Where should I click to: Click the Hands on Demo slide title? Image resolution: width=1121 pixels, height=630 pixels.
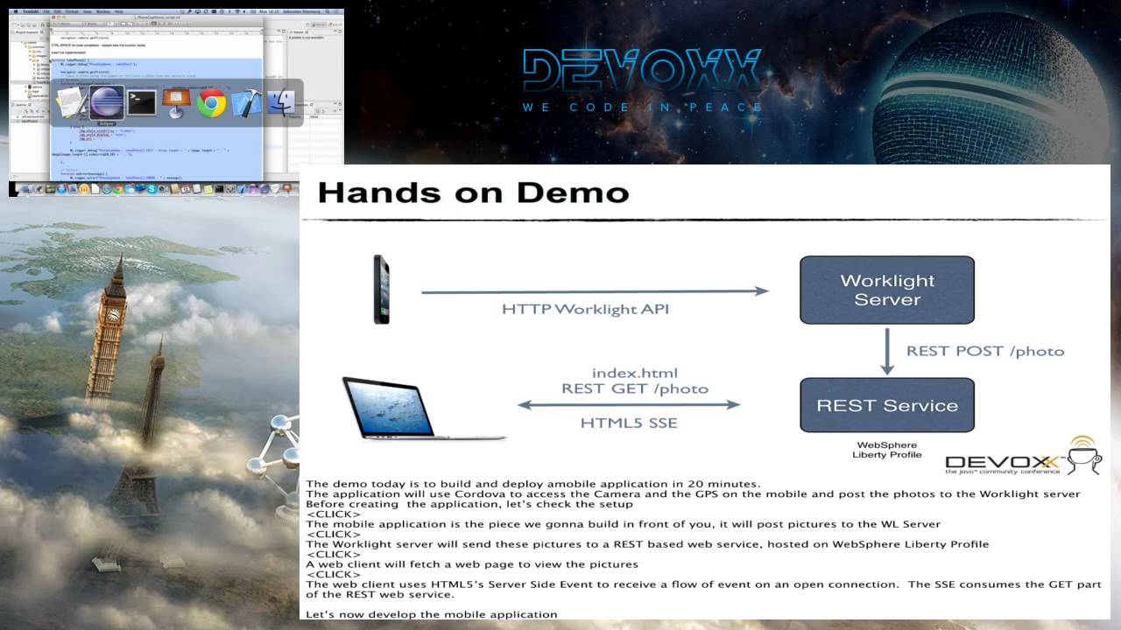point(473,192)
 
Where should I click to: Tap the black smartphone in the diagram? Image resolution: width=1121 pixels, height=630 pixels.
point(381,290)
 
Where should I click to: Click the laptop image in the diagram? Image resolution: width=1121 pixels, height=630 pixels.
point(412,409)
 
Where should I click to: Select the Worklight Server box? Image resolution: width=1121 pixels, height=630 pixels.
point(887,290)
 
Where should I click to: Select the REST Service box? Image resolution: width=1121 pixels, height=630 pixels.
point(887,405)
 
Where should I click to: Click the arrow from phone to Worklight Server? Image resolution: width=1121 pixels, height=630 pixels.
point(595,291)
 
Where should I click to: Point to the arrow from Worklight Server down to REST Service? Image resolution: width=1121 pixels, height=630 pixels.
point(887,352)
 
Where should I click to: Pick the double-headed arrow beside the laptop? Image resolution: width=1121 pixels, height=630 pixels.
point(629,404)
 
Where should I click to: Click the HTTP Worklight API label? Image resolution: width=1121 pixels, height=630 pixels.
point(585,309)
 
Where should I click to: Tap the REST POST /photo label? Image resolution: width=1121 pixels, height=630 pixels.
point(985,351)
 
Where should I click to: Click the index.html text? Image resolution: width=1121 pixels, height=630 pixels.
point(635,373)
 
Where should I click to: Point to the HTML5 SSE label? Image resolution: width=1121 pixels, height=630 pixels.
point(629,423)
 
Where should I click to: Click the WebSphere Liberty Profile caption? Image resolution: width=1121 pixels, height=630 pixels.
point(887,450)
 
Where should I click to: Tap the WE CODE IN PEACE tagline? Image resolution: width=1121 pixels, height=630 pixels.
point(643,108)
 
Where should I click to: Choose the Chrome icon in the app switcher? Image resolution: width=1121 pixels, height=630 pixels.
point(211,103)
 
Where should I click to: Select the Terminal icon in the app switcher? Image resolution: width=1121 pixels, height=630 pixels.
point(142,103)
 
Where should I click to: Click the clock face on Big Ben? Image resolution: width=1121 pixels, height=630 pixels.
point(114,312)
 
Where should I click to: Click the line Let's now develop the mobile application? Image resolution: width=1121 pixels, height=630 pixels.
point(432,614)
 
